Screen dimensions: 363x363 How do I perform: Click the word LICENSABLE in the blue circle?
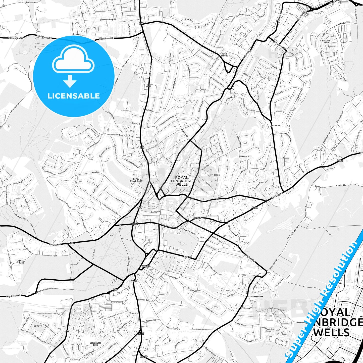(74, 96)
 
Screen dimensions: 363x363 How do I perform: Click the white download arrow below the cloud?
(70, 81)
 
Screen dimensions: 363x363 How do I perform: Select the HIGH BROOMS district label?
(224, 55)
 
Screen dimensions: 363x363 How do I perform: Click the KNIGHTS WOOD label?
(326, 42)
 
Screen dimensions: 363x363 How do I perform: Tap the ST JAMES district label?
(215, 175)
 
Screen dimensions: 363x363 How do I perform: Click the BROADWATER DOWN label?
(95, 344)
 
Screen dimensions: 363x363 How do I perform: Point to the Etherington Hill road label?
(17, 38)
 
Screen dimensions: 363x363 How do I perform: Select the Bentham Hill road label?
(31, 2)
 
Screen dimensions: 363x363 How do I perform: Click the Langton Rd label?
(55, 244)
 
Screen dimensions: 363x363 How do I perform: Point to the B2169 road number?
(144, 356)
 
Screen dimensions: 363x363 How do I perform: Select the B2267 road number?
(197, 218)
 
